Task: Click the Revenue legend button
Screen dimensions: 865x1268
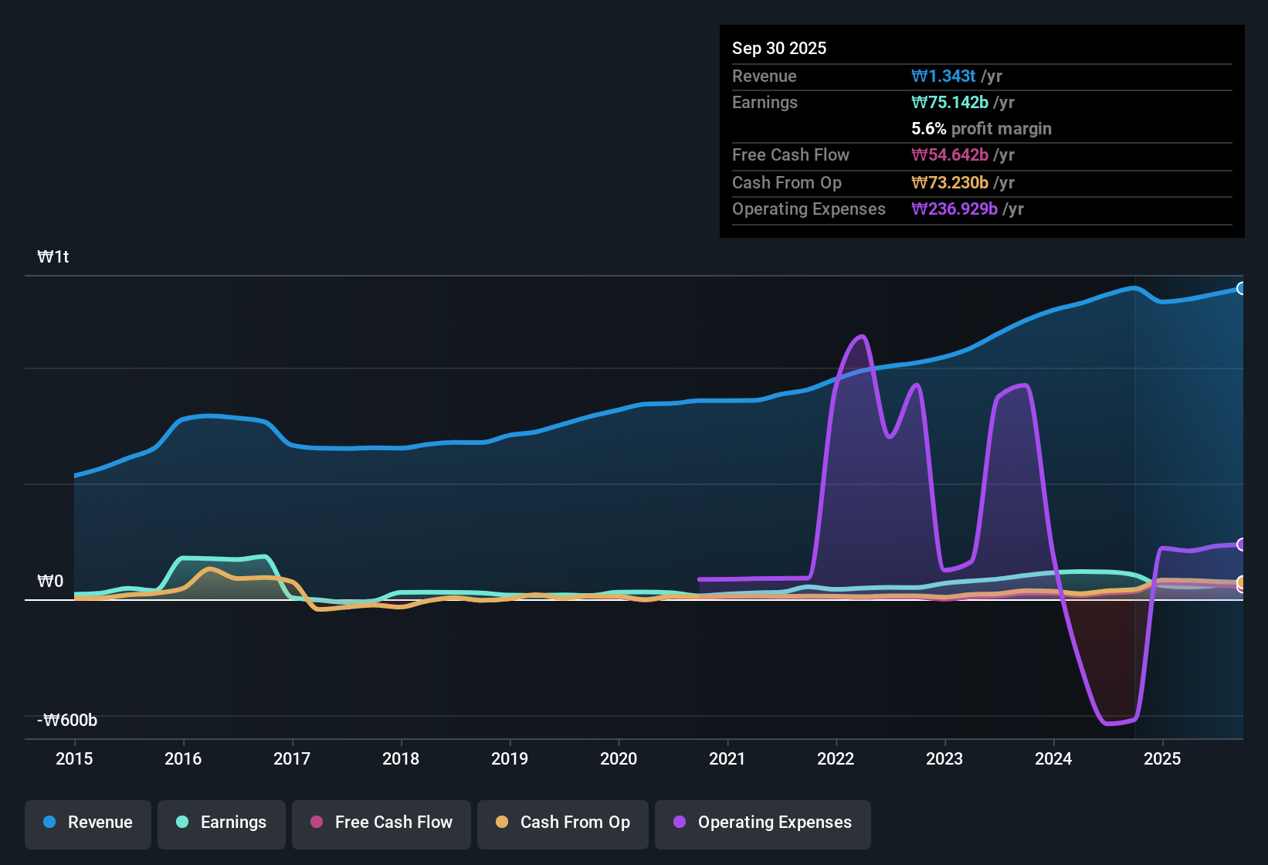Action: pyautogui.click(x=88, y=823)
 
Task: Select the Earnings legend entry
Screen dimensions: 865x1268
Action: pyautogui.click(x=222, y=823)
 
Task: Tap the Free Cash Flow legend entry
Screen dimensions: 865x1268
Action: pyautogui.click(x=381, y=823)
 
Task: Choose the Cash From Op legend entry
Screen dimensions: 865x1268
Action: pyautogui.click(x=563, y=823)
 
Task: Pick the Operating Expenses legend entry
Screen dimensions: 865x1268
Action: pyautogui.click(x=763, y=823)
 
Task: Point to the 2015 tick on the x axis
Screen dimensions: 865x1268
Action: pyautogui.click(x=74, y=758)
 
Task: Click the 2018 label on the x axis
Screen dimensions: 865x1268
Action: pyautogui.click(x=401, y=758)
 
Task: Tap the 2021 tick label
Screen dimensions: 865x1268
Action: pyautogui.click(x=727, y=758)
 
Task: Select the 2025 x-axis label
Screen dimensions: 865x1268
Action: pyautogui.click(x=1161, y=758)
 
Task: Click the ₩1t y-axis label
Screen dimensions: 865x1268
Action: pyautogui.click(x=53, y=257)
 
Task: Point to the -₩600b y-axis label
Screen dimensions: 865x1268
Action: pyautogui.click(x=67, y=721)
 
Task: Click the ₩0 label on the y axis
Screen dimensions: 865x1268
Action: pyautogui.click(x=50, y=582)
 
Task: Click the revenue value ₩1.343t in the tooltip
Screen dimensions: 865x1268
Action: pyautogui.click(x=943, y=76)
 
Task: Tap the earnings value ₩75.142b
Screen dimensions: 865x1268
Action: pyautogui.click(x=949, y=103)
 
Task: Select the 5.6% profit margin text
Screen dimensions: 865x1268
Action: pyautogui.click(x=981, y=129)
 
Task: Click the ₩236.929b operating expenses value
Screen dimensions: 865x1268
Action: pyautogui.click(x=954, y=209)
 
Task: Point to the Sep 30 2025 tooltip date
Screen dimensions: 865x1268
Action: pyautogui.click(x=778, y=49)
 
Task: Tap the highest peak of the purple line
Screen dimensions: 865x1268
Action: pyautogui.click(x=862, y=336)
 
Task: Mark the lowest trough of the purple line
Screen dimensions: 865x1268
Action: pyautogui.click(x=1108, y=724)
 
